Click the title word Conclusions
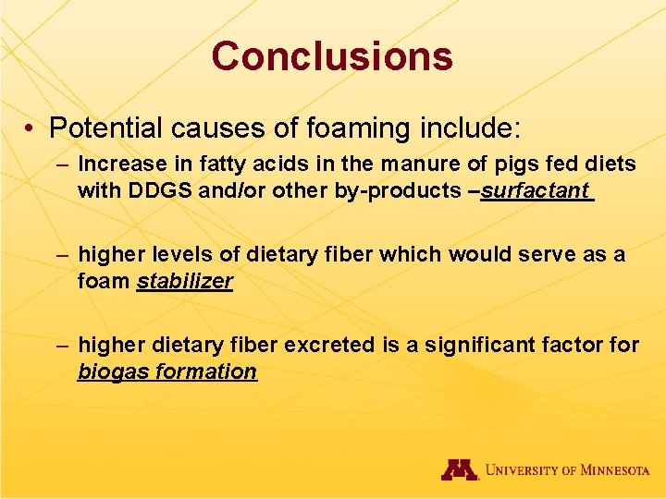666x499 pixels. pos(332,55)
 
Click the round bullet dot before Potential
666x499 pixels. pos(31,127)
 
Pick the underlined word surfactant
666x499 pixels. pos(535,190)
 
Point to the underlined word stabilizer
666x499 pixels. pos(184,281)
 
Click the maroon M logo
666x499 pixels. pos(459,470)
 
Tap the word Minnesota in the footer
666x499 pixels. pos(607,470)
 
